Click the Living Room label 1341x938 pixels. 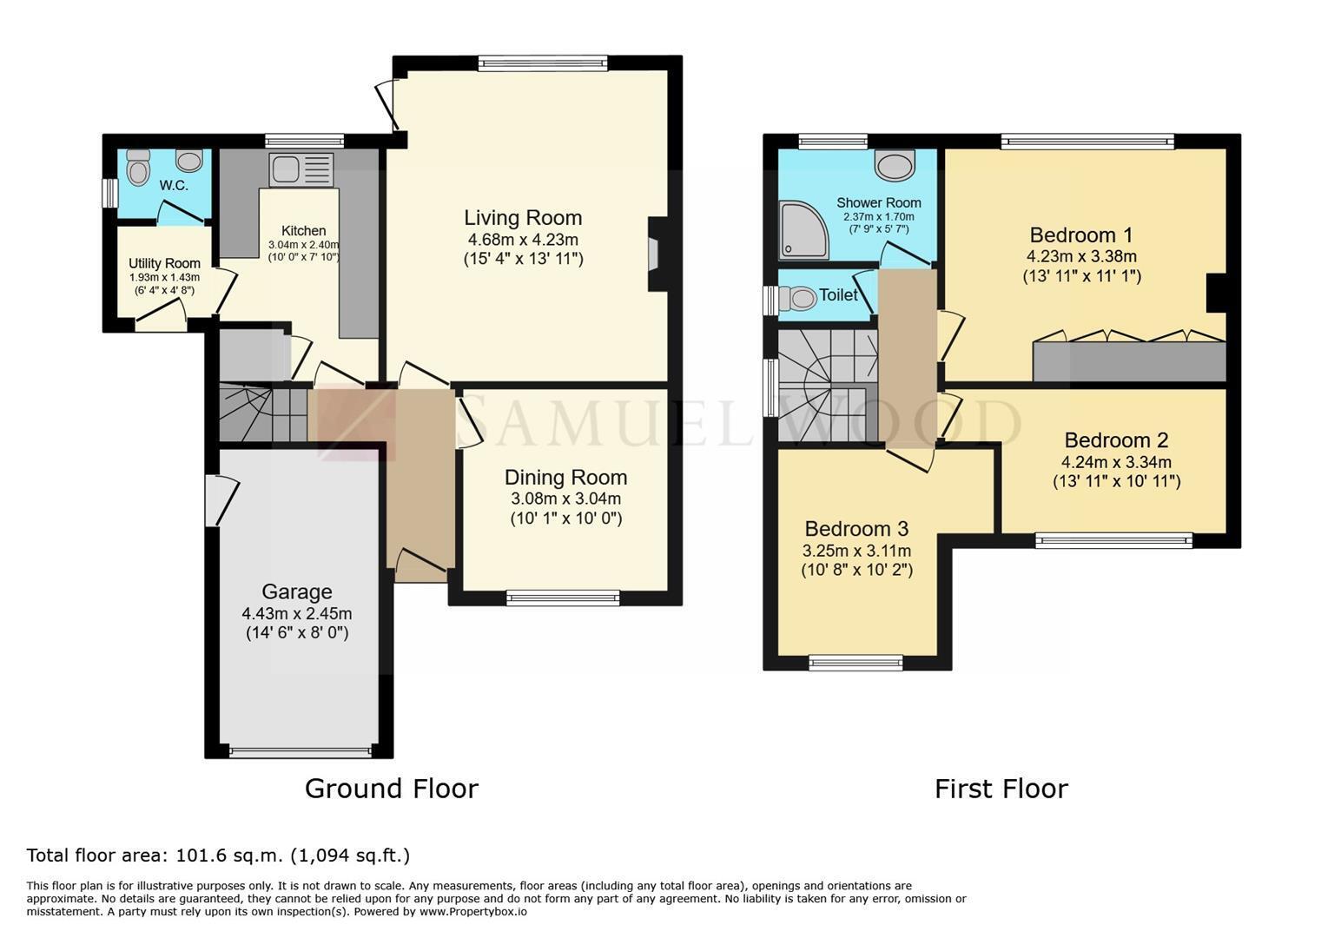523,218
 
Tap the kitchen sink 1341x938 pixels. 301,169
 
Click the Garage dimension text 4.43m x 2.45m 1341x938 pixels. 297,613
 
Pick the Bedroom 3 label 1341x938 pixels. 856,529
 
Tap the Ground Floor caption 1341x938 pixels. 392,789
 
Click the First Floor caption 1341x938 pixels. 1001,789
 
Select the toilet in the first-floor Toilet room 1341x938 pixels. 797,298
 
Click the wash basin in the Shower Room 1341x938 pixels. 895,165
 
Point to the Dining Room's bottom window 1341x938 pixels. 563,598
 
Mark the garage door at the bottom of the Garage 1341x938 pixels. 301,752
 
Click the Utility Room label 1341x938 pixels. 164,263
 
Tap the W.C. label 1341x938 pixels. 174,186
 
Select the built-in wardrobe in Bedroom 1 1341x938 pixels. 1130,361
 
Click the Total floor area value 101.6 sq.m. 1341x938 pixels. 228,855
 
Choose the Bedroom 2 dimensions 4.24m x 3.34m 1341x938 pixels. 1117,462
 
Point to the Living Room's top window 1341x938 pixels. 543,63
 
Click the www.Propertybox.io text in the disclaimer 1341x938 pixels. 473,912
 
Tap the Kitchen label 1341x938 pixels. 303,230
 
